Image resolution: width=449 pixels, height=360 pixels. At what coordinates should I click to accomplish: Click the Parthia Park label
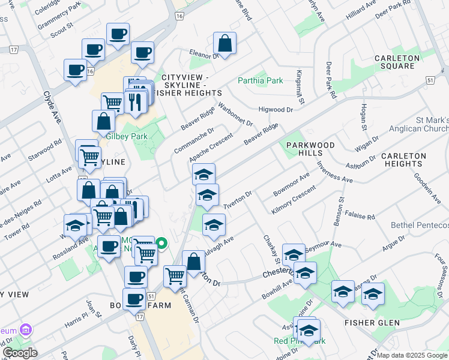point(260,80)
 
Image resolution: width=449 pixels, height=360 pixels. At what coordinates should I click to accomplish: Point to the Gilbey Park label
point(127,136)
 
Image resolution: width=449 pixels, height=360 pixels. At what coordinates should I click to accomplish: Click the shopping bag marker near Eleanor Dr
point(224,44)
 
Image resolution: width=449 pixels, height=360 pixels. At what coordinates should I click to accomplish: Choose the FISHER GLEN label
point(372,323)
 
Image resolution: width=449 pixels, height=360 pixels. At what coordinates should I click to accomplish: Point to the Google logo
point(20,352)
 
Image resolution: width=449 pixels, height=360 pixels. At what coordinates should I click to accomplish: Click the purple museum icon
point(26,330)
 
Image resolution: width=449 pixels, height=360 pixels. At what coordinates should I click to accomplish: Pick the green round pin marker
point(161,244)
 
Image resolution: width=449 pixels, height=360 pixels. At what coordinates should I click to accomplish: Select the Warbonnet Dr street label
point(235,114)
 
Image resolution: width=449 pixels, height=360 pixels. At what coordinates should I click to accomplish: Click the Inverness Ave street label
point(334,172)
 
